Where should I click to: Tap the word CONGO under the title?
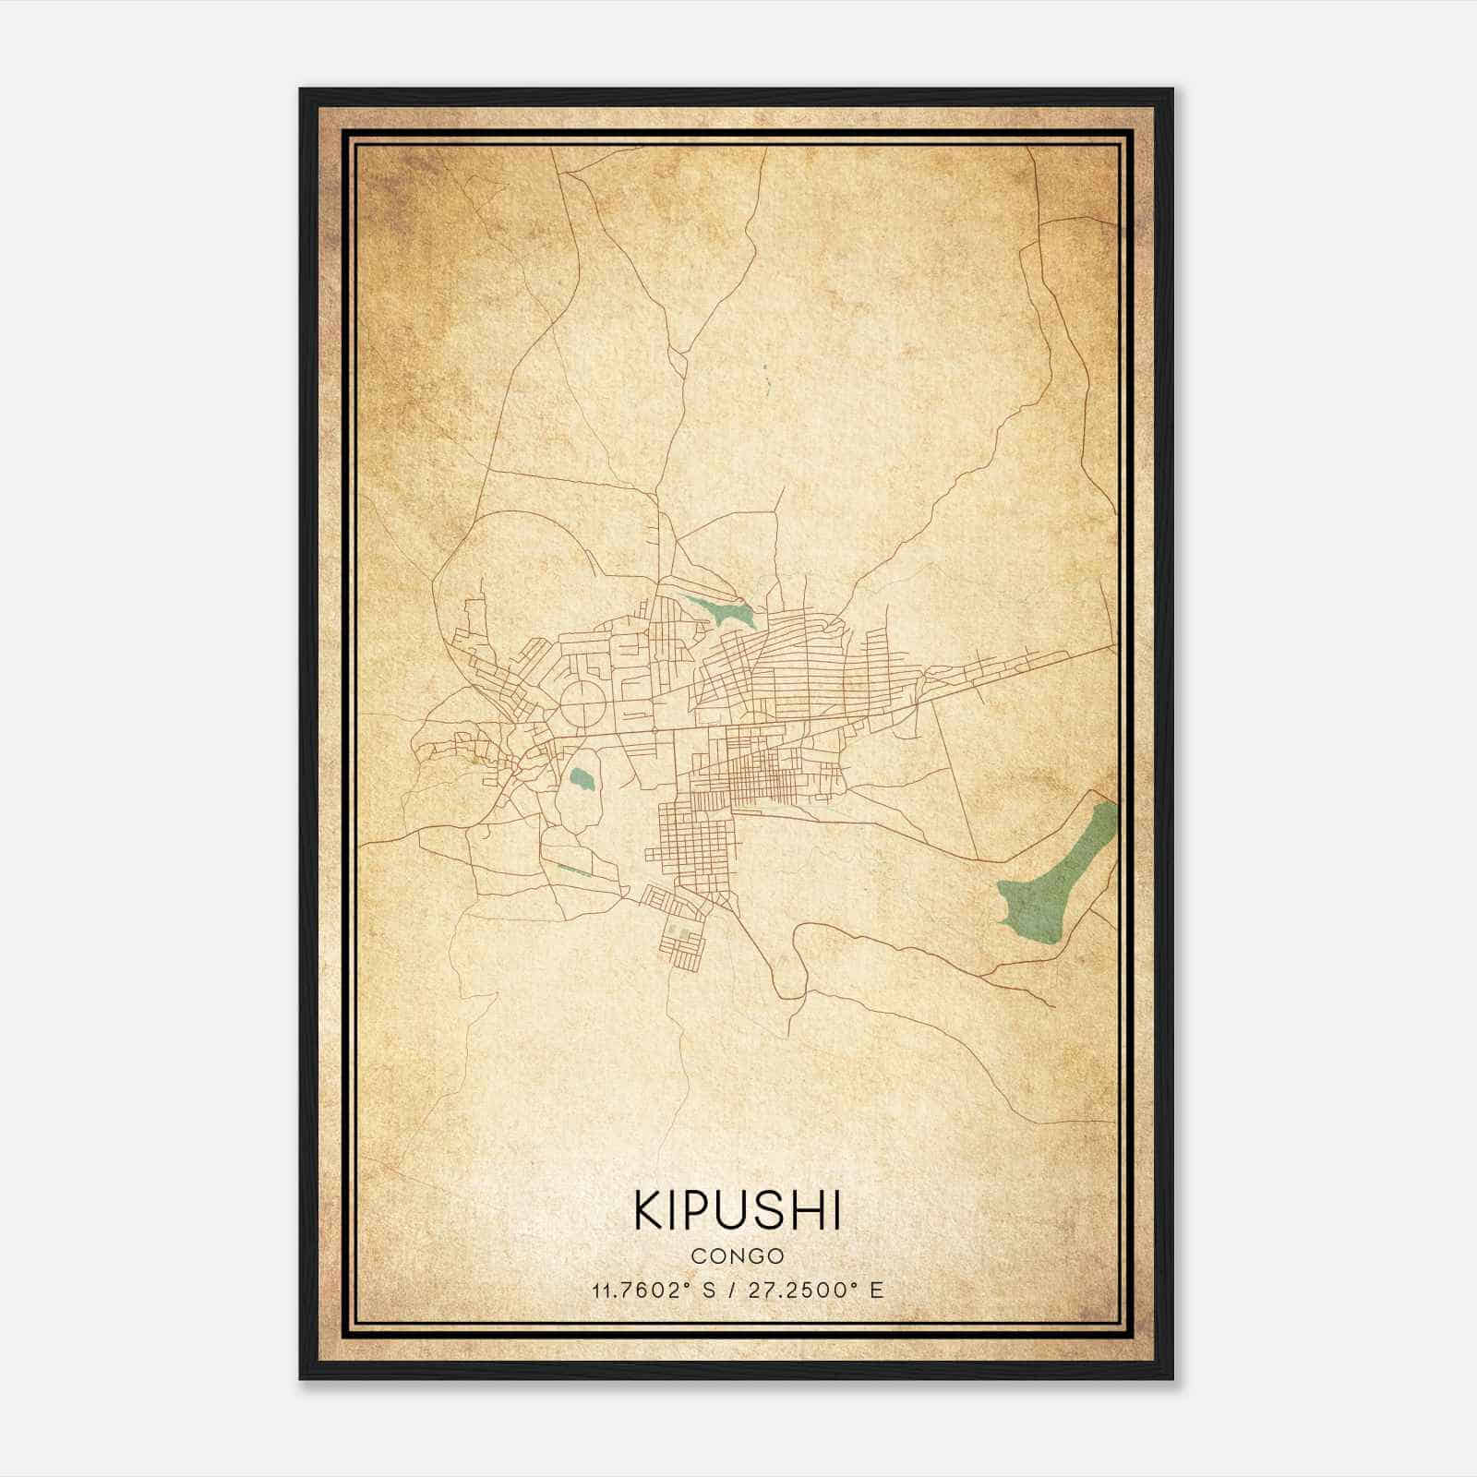tap(737, 1256)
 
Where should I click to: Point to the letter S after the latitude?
tap(708, 1291)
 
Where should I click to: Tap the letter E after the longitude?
tap(877, 1291)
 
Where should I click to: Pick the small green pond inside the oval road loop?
tap(582, 783)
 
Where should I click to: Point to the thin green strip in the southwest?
tap(574, 870)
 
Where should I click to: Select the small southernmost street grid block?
tap(683, 942)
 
